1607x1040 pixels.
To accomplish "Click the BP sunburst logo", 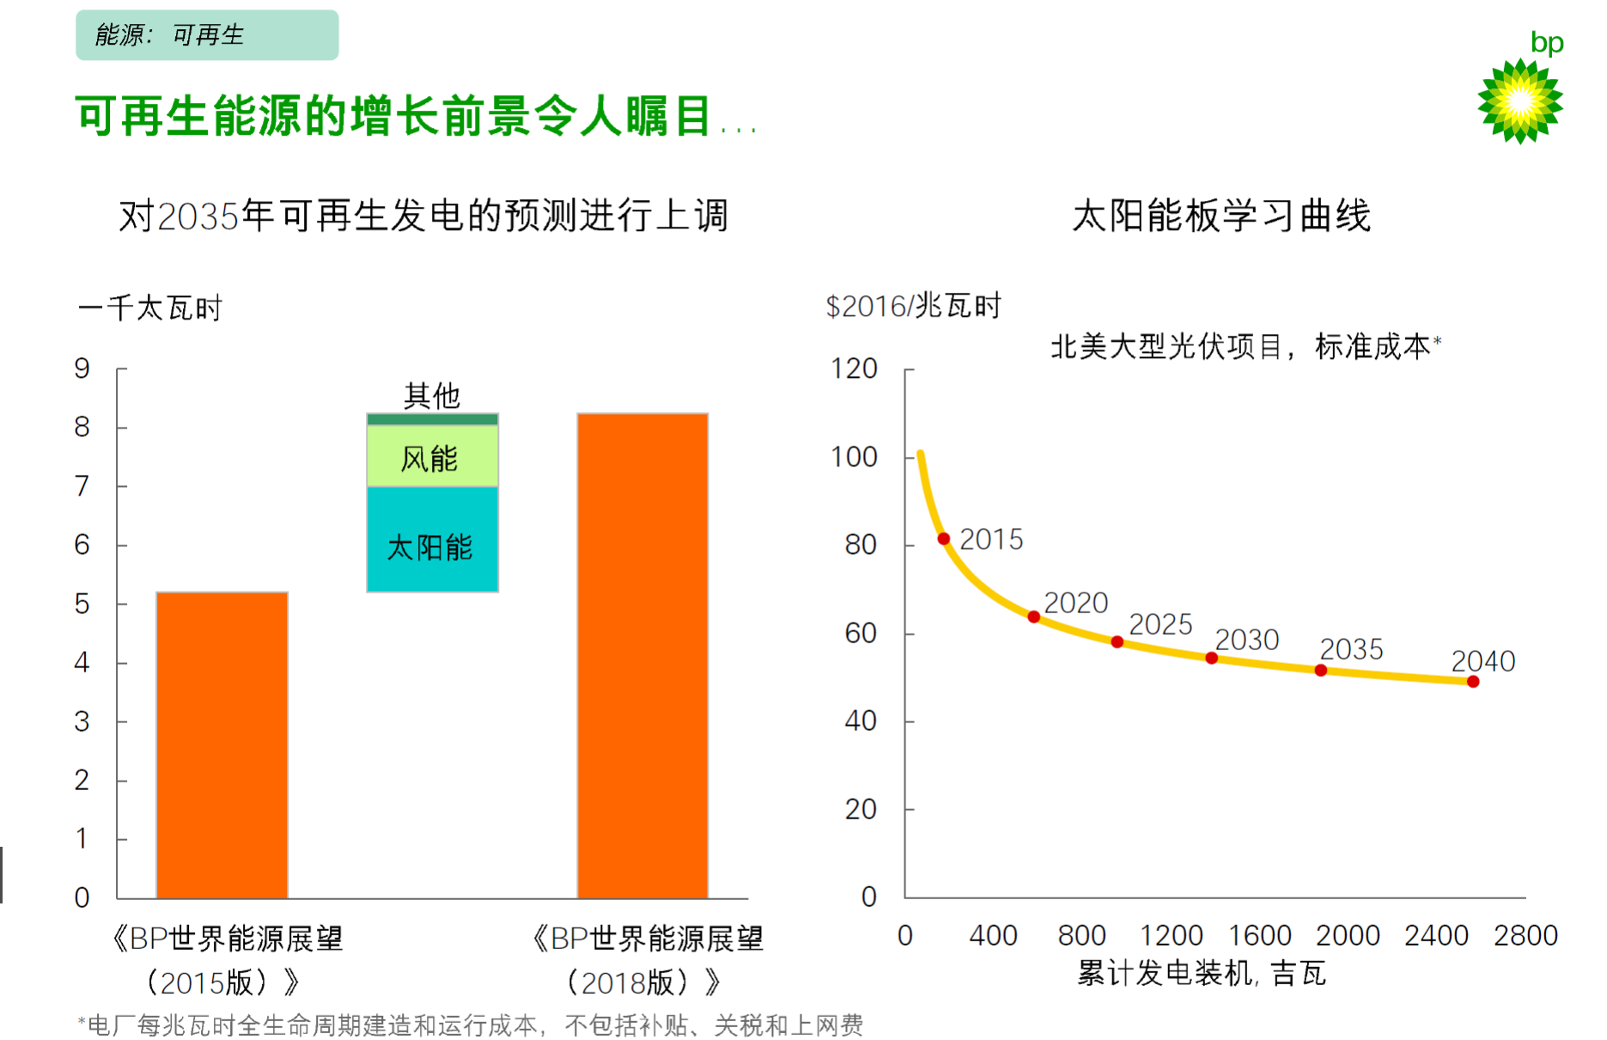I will [1519, 101].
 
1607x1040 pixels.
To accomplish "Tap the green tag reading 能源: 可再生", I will [207, 35].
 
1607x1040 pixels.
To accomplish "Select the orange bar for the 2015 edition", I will [222, 745].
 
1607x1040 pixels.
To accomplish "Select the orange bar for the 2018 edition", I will [642, 655].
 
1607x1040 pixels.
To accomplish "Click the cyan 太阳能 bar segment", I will [432, 539].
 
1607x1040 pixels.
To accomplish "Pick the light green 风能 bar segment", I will [432, 457].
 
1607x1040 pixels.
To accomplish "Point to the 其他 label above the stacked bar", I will [432, 396].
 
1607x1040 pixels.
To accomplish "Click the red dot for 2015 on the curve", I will [944, 538].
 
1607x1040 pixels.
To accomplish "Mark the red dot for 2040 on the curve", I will [1473, 682].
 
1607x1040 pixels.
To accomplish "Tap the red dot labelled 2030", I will [1211, 658].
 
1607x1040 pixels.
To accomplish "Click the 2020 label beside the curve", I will [1075, 603].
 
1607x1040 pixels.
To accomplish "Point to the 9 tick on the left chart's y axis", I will [82, 368].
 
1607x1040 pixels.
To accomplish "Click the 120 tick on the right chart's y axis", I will [854, 368].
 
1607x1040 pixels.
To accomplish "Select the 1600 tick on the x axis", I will [1260, 935].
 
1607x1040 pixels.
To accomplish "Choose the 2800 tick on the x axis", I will [1525, 935].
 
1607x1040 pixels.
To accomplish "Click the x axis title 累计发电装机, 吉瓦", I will [1202, 974].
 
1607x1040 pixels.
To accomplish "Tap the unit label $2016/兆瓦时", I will [913, 306].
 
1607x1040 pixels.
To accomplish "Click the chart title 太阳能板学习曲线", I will [1220, 216].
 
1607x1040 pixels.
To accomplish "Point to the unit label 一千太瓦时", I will [150, 307].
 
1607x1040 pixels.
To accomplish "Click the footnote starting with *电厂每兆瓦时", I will [471, 1025].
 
